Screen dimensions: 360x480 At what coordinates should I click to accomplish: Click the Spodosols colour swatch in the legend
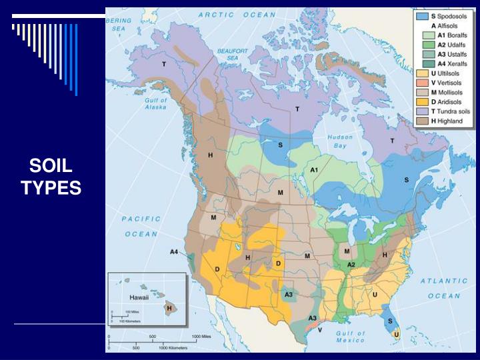tap(421, 15)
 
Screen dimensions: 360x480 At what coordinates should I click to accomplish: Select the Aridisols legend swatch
tap(421, 101)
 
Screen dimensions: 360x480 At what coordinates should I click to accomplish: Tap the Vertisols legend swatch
tap(421, 83)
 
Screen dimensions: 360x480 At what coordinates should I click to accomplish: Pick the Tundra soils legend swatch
tap(421, 111)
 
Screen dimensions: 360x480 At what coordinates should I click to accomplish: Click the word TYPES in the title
tap(51, 189)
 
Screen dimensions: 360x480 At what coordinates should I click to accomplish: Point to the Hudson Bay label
tap(340, 141)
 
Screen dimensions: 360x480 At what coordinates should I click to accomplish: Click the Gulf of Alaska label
tap(155, 105)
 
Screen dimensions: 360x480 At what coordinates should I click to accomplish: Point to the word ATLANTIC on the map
tap(444, 281)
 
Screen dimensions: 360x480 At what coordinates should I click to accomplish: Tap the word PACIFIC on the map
tap(141, 219)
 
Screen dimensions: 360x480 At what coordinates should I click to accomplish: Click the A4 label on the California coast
tap(175, 251)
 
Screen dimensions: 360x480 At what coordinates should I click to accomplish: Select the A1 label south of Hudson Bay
tap(315, 170)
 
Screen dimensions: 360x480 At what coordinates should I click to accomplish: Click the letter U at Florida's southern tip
tap(396, 334)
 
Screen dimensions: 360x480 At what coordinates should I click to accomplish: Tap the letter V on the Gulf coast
tap(319, 329)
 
